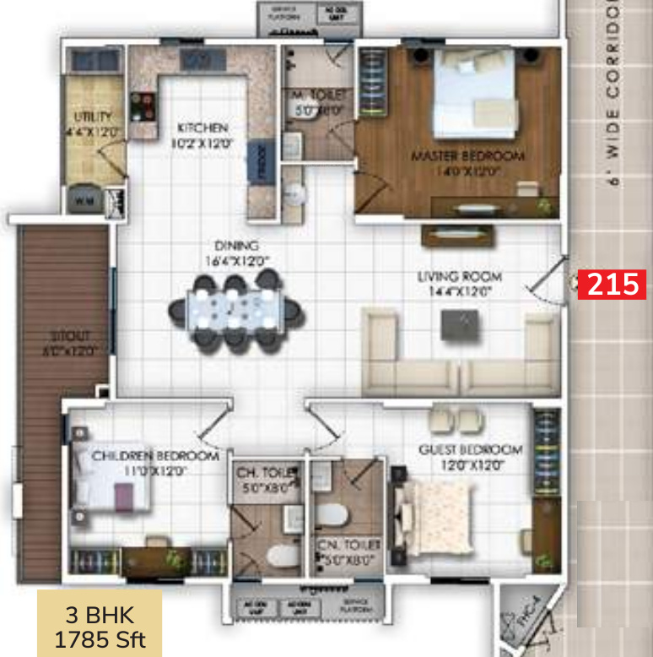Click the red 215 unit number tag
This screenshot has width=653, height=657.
[x=612, y=285]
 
